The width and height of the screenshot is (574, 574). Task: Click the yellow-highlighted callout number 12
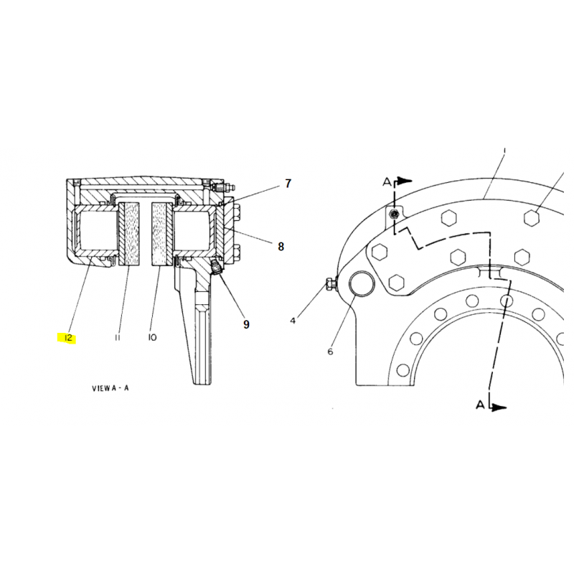pos(68,338)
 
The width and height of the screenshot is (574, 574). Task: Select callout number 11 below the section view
pos(117,337)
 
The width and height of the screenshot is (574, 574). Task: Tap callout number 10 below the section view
pos(152,337)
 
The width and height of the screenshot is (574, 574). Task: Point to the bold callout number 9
pos(246,324)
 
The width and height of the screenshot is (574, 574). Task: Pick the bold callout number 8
pos(281,247)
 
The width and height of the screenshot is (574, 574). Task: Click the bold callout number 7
pos(288,184)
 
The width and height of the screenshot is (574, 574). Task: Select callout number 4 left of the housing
pos(293,321)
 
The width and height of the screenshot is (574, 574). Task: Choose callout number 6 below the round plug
pos(330,352)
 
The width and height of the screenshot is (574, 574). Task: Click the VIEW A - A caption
pos(110,388)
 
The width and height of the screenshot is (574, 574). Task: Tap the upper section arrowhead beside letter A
pos(405,181)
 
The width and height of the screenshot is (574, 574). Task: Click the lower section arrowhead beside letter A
pos(499,407)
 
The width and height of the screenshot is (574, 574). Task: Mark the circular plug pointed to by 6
pos(362,283)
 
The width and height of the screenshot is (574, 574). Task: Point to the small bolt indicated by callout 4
pos(331,284)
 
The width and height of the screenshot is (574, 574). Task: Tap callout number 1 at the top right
pos(505,151)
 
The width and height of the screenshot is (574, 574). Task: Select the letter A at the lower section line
pos(480,405)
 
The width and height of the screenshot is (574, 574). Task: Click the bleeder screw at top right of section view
pos(222,188)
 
